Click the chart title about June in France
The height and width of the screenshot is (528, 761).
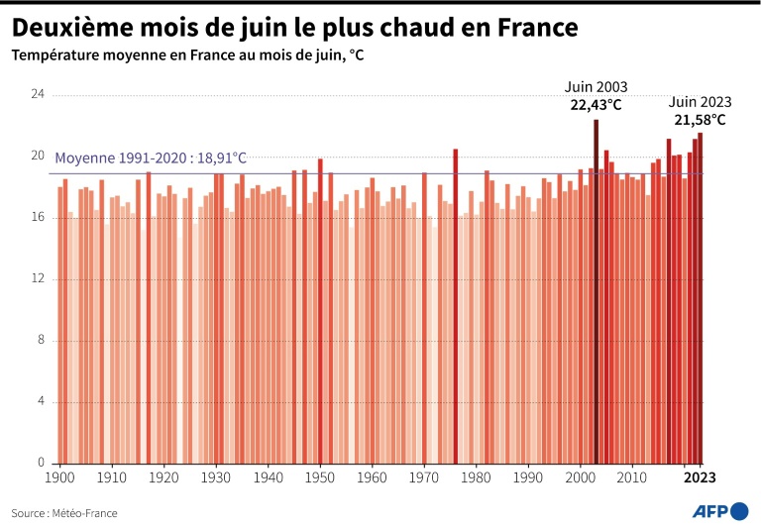(x=295, y=24)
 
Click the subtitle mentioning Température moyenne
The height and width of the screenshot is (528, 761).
(x=187, y=55)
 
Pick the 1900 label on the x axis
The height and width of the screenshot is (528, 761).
(x=60, y=477)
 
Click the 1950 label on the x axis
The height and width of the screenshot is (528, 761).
(x=320, y=477)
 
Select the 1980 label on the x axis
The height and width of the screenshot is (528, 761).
(x=476, y=477)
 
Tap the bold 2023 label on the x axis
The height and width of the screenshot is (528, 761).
(x=699, y=477)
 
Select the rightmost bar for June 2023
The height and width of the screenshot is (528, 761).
(x=700, y=297)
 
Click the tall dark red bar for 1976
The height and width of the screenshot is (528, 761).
(x=456, y=307)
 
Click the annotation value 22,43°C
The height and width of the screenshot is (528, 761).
(x=596, y=104)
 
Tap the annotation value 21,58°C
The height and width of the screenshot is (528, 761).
(x=700, y=120)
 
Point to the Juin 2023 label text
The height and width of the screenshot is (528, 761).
(x=700, y=102)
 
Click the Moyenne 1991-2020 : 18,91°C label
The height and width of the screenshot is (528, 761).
(x=151, y=158)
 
